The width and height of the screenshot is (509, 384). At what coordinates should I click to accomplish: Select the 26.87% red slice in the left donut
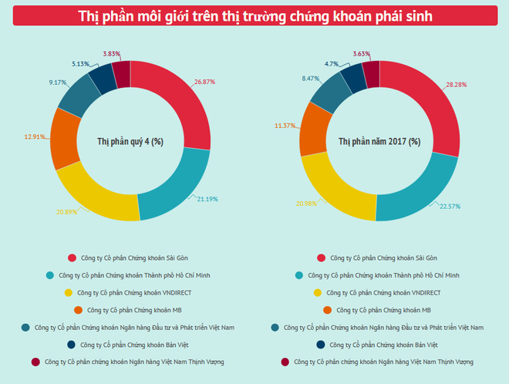click(x=185, y=96)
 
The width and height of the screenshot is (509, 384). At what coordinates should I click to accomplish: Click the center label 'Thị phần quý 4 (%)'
click(x=130, y=141)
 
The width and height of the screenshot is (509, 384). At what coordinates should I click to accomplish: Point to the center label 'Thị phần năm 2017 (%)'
click(x=379, y=141)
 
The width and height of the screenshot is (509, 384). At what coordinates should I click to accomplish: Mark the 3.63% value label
click(x=360, y=54)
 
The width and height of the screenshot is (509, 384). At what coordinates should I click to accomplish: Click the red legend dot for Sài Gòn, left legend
click(x=72, y=258)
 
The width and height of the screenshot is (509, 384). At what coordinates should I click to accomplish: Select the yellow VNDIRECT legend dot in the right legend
click(x=317, y=292)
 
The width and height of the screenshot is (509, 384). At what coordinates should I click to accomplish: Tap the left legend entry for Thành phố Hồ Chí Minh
click(x=130, y=275)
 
